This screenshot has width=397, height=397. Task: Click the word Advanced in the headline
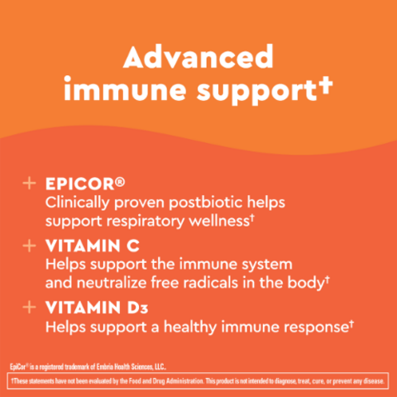198,57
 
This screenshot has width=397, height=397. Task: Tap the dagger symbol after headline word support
326,86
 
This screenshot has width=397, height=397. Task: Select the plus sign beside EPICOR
29,184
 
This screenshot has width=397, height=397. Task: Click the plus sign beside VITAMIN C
29,246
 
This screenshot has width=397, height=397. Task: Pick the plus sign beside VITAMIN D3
29,307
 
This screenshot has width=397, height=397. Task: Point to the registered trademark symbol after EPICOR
120,182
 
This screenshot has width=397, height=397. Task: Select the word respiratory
146,222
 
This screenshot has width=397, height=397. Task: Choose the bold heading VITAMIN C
93,246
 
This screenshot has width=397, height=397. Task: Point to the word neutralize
112,283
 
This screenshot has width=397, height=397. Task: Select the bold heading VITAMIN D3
97,308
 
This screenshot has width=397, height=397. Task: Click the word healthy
190,328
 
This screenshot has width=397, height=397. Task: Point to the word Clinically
78,203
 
